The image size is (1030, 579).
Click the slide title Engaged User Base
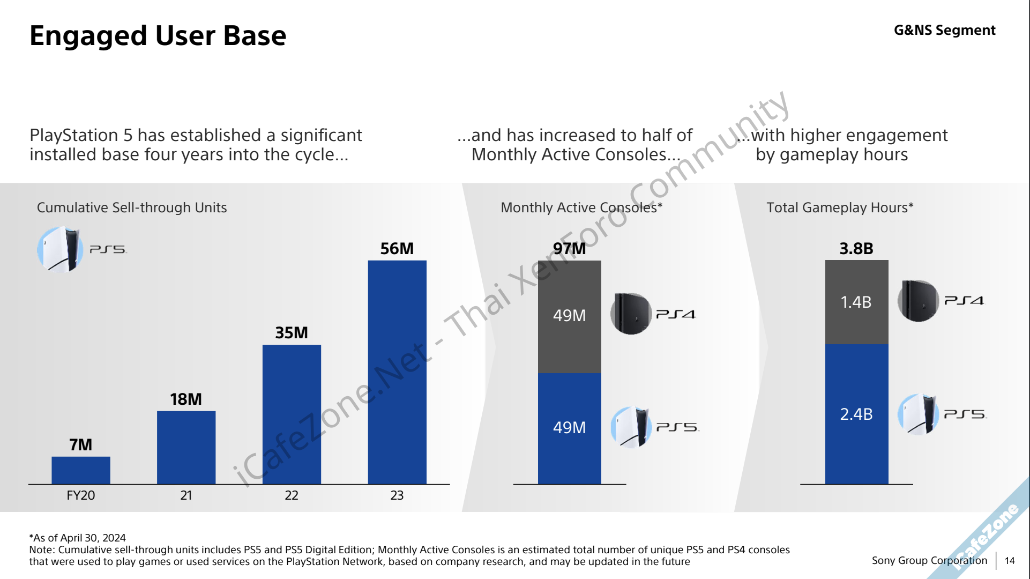coord(158,36)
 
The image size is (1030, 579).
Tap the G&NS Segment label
coord(944,31)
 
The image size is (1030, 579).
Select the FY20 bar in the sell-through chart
coord(81,470)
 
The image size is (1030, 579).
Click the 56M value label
coord(397,249)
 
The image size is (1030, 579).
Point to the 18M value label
coord(186,399)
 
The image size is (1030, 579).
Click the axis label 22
coord(292,495)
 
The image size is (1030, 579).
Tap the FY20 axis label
coord(81,495)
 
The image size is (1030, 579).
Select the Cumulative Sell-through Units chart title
coord(132,207)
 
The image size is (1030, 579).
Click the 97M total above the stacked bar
coord(569,249)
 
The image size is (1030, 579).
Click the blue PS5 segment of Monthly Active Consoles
coord(569,428)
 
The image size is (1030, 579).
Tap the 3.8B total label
coord(856,249)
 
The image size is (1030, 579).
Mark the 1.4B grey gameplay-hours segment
coord(856,302)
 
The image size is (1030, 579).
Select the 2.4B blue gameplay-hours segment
coord(856,414)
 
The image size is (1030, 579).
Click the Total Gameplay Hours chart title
coord(840,207)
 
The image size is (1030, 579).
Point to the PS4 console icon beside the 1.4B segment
coord(918,301)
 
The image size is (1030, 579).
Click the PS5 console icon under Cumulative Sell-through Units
coord(59,249)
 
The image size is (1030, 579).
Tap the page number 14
coord(1010,561)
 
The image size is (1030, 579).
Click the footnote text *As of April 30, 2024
coord(78,538)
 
